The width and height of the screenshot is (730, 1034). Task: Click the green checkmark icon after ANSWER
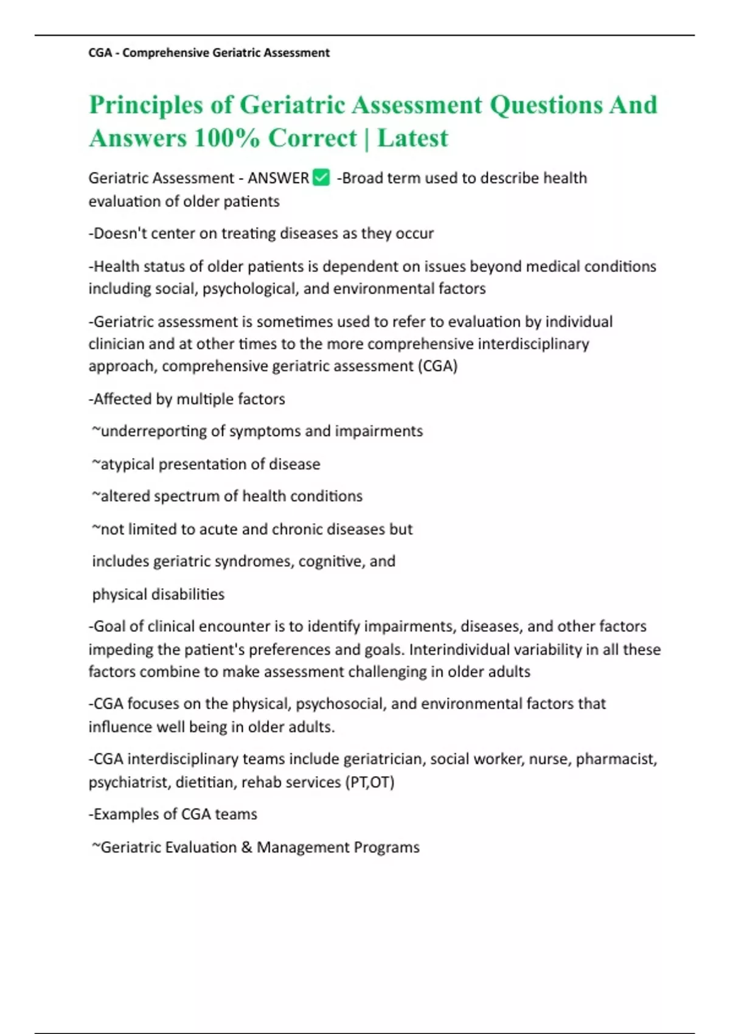321,178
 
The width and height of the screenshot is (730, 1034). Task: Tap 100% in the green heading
227,138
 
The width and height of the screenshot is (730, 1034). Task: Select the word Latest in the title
412,138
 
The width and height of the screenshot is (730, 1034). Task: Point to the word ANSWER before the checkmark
278,178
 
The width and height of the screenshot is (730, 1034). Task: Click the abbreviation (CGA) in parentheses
437,366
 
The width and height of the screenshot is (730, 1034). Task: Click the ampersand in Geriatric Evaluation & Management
246,847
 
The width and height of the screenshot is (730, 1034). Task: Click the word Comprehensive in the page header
165,53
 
